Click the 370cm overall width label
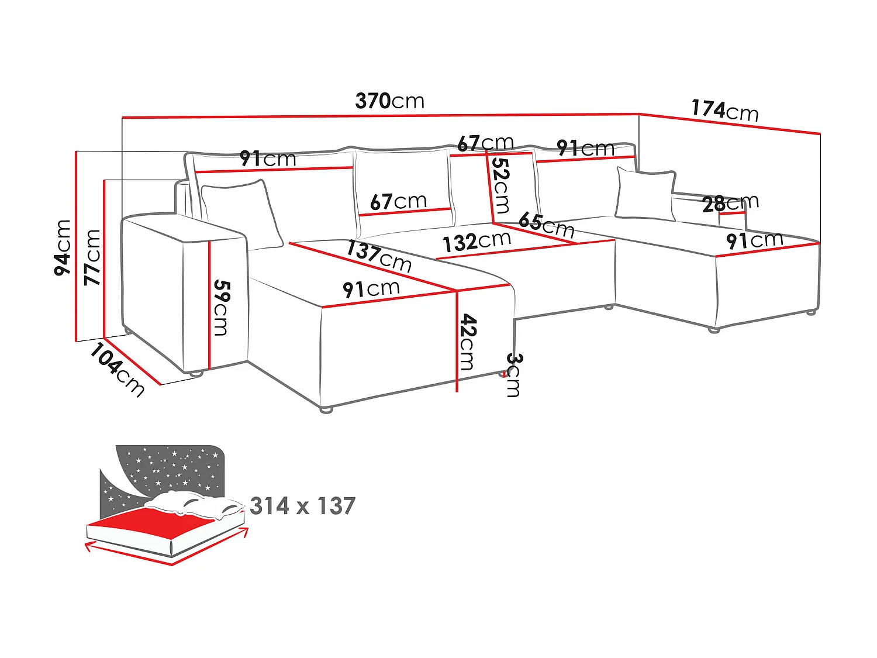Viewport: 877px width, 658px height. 390,101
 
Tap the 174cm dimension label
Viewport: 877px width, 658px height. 725,110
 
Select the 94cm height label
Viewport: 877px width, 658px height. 63,247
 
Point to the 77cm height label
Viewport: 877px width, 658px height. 92,257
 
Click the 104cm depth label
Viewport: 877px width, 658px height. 117,370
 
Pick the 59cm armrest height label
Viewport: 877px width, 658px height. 221,308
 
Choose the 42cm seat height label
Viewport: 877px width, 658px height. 468,342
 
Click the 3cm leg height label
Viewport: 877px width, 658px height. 513,375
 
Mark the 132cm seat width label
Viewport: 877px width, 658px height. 477,242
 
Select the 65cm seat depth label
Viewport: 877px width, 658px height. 546,225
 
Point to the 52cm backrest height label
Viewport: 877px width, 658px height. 501,185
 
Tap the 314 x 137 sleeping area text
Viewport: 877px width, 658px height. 302,506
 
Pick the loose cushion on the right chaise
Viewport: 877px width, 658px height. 645,194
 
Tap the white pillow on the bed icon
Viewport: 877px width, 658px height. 193,504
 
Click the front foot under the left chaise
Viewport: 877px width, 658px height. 326,409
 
